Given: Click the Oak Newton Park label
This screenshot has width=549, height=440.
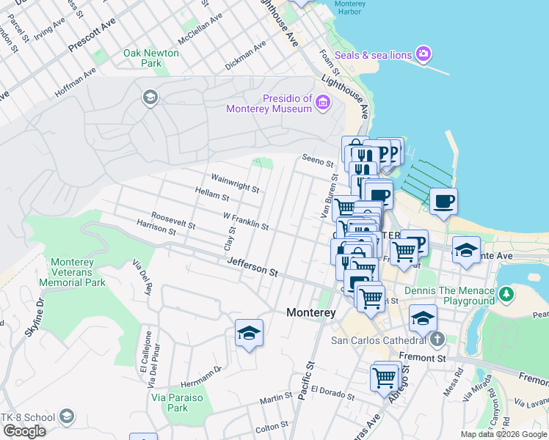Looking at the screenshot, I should (x=151, y=58).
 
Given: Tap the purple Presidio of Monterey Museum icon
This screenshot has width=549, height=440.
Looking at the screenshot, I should (x=322, y=104).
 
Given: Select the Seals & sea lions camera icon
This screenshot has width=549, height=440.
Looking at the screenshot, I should (x=423, y=54).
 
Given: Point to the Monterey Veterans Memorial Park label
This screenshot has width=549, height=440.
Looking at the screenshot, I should (x=78, y=272).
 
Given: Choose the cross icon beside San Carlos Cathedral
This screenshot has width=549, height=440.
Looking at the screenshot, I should (x=437, y=340).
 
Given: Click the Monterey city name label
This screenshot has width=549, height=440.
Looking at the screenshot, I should (x=310, y=312).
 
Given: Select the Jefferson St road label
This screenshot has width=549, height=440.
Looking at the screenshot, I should (x=252, y=266).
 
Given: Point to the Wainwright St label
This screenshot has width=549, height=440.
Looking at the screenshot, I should (x=235, y=183).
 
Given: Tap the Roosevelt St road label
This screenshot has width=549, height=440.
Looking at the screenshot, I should (x=173, y=220).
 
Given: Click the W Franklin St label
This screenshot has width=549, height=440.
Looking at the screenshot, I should (x=245, y=221).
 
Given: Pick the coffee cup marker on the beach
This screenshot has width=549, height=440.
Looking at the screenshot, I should (x=444, y=201).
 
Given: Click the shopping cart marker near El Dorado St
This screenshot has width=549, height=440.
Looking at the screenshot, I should (x=385, y=378).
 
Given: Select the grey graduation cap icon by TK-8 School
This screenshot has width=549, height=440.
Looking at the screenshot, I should (x=67, y=417).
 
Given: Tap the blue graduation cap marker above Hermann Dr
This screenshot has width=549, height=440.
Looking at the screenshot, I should (x=249, y=334).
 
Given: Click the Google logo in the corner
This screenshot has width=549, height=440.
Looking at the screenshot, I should (x=24, y=431).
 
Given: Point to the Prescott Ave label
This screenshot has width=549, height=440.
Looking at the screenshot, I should (x=92, y=35).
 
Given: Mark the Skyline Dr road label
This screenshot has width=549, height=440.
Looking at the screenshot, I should (x=34, y=318).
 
